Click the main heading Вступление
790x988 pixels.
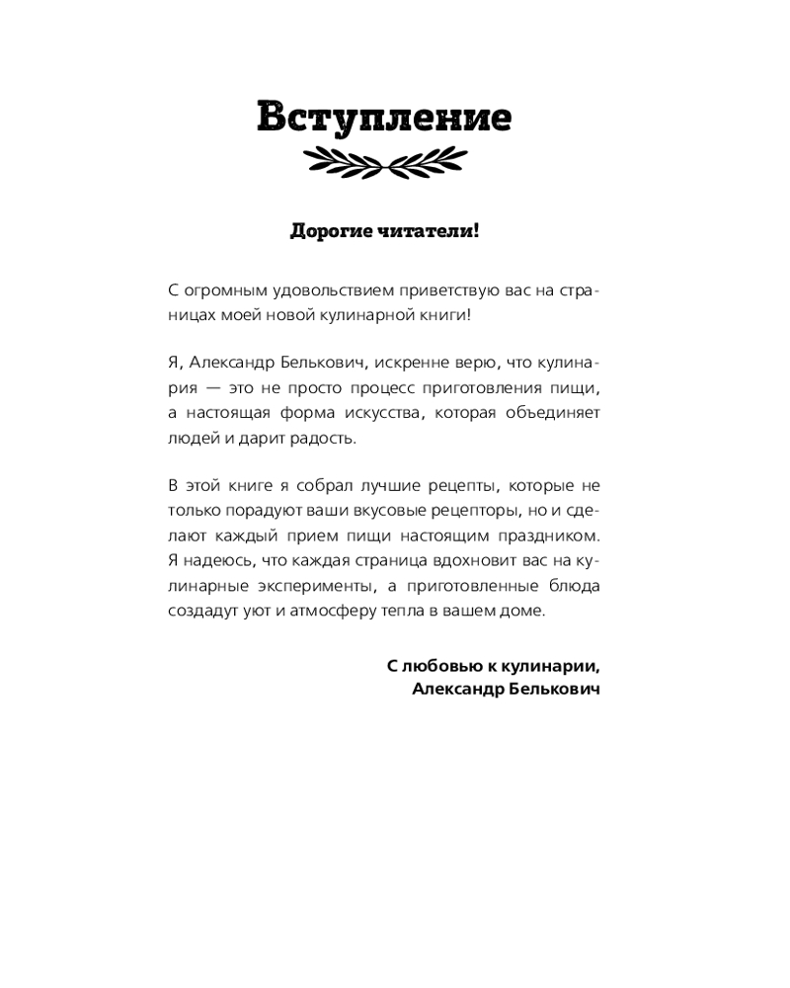(384, 118)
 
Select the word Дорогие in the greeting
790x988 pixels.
(328, 232)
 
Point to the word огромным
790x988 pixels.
(221, 291)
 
